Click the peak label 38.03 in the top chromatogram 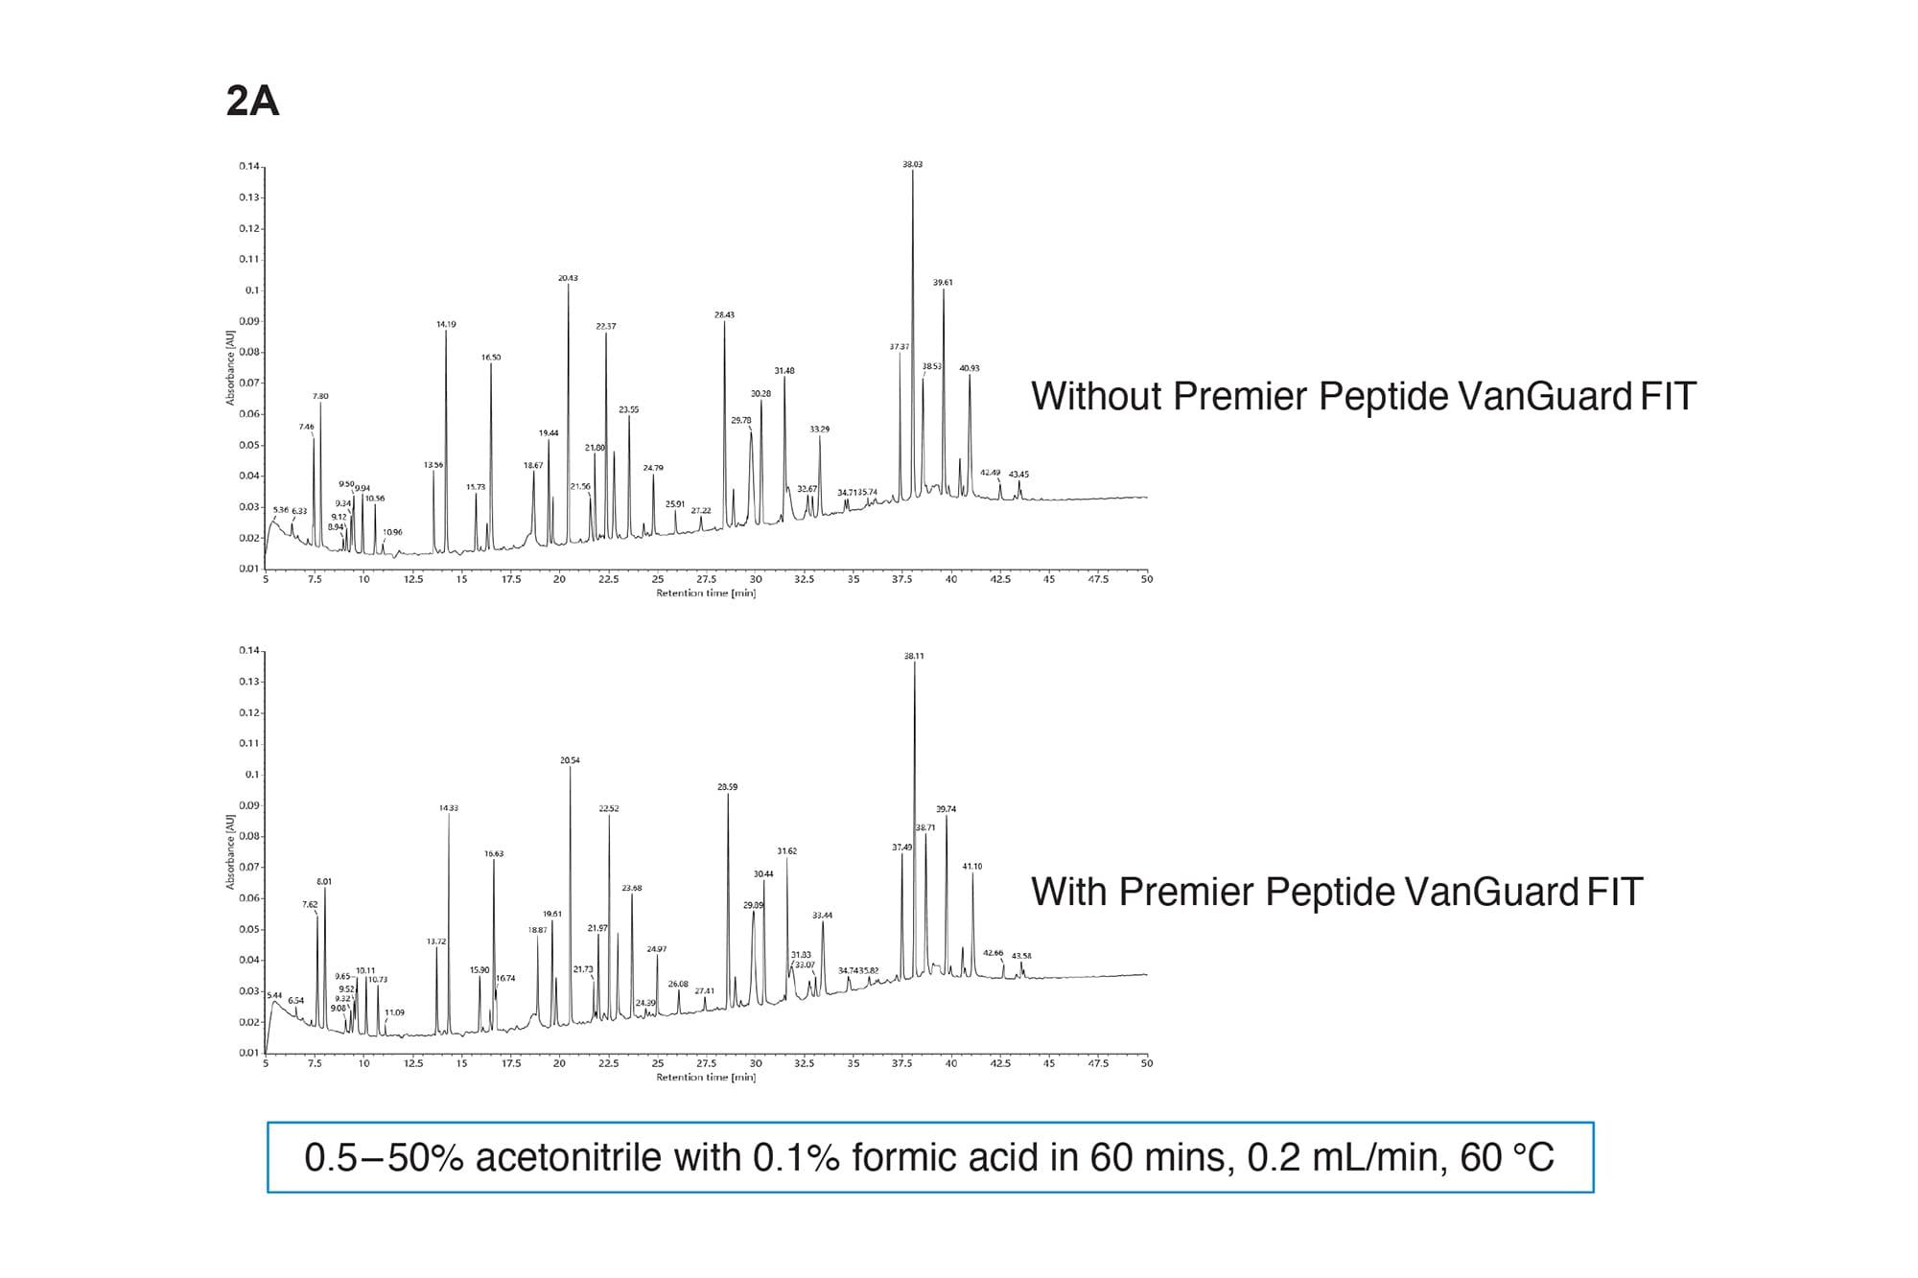912,164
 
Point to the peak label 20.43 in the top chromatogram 568,278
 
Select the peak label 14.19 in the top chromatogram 446,324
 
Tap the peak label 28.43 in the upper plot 724,314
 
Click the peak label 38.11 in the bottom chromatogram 914,656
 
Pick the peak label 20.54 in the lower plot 570,760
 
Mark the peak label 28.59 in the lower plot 728,786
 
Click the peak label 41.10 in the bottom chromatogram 971,866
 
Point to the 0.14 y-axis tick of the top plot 248,166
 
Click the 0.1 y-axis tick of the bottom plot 251,774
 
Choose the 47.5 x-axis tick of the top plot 1097,579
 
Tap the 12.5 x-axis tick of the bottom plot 413,1063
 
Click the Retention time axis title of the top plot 706,593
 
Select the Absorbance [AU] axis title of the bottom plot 230,851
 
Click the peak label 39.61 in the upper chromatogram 943,282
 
